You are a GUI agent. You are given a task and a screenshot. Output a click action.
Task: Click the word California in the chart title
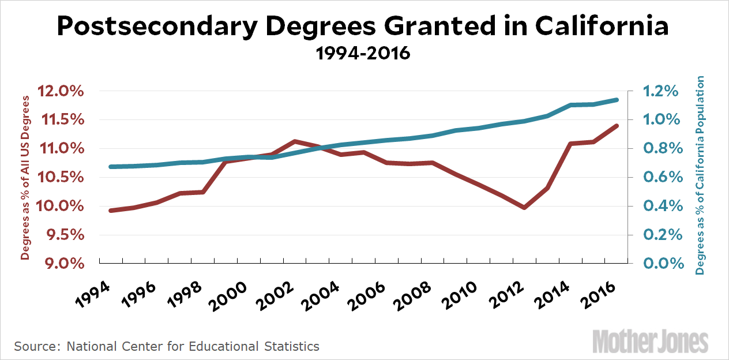click(602, 27)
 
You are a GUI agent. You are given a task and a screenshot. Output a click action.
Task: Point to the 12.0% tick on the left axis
click(61, 92)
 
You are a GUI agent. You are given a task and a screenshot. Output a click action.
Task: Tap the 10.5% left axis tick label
click(61, 178)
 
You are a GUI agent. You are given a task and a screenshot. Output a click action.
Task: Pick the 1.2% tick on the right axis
click(660, 92)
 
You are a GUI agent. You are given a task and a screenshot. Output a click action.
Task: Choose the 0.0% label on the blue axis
click(660, 264)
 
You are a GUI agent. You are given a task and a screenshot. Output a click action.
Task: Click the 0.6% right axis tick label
click(660, 178)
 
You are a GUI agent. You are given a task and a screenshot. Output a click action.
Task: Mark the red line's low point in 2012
click(524, 207)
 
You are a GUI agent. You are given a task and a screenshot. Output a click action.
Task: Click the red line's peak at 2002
click(295, 141)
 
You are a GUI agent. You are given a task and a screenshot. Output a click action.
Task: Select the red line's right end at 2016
click(616, 126)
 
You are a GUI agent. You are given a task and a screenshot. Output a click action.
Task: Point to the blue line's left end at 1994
click(111, 167)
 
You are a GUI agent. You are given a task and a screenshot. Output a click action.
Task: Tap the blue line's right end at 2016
click(616, 100)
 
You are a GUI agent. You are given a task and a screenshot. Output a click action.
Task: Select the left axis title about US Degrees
click(25, 178)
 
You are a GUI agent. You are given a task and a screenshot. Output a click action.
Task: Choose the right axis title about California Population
click(701, 175)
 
